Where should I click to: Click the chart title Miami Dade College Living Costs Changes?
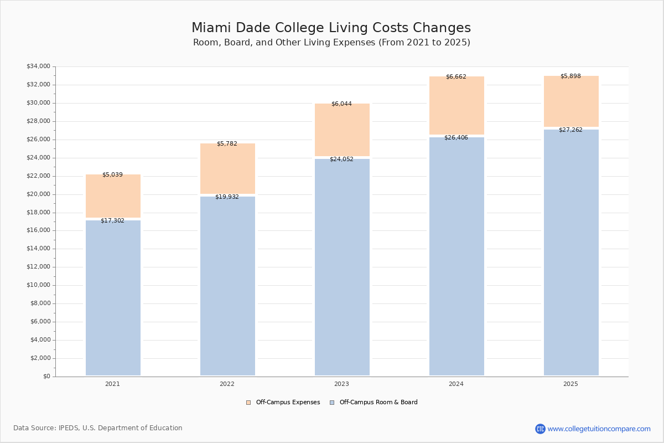click(x=331, y=28)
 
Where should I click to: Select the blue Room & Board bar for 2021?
click(x=113, y=299)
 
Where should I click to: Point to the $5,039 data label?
click(x=112, y=175)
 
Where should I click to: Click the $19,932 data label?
click(x=227, y=197)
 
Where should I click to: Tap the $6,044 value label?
click(x=341, y=104)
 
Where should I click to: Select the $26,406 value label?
click(x=456, y=138)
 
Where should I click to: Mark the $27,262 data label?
click(x=570, y=130)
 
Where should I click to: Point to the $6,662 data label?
click(x=456, y=77)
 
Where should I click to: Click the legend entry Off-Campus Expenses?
click(x=283, y=403)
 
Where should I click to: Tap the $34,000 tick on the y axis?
click(x=38, y=66)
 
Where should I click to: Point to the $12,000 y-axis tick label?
click(x=38, y=267)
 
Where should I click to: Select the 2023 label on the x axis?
click(x=341, y=384)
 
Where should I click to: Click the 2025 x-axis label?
click(x=570, y=384)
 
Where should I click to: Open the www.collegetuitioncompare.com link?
click(x=599, y=429)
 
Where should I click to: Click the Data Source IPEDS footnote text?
click(x=98, y=428)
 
